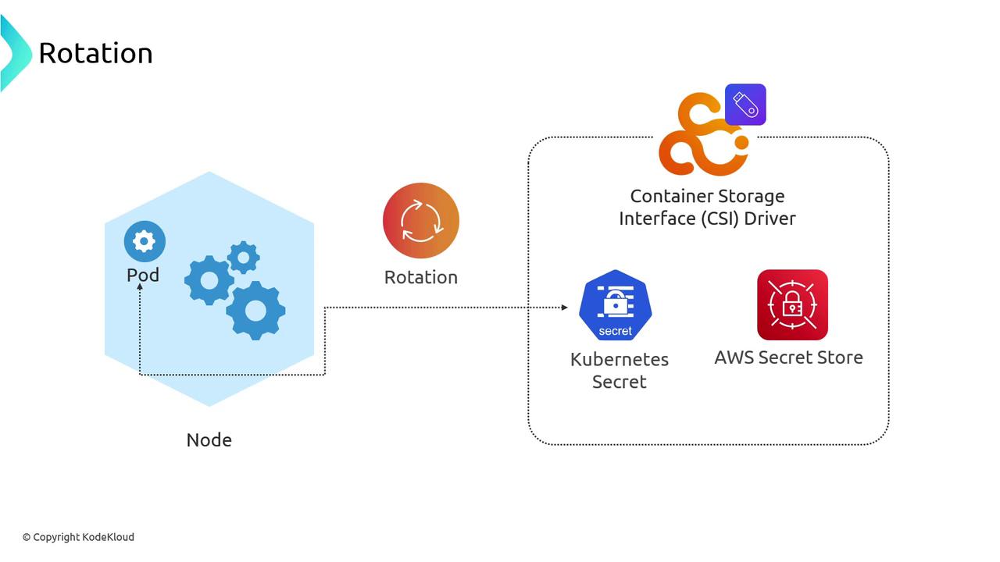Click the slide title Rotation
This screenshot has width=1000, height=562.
coord(95,53)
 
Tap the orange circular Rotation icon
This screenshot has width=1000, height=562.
coord(421,221)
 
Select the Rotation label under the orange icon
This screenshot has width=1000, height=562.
coord(421,277)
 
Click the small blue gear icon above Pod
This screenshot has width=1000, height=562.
coord(145,241)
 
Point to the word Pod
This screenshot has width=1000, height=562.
coord(143,275)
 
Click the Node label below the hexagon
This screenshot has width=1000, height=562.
coord(209,440)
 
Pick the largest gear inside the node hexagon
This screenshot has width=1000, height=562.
coord(255,311)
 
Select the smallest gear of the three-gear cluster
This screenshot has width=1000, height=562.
coord(244,257)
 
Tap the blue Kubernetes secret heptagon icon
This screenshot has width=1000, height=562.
coord(616,305)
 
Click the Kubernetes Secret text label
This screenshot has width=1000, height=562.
coord(620,371)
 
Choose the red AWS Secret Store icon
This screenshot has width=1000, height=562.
coord(792,305)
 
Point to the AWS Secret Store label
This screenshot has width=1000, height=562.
coord(788,357)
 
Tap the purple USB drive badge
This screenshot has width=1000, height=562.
coord(745,105)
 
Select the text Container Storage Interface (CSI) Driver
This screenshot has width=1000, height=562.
coord(707,207)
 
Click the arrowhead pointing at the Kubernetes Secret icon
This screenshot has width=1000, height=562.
coord(564,308)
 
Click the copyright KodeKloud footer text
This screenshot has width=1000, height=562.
coord(78,537)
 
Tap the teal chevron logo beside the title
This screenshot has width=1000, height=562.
coord(14,53)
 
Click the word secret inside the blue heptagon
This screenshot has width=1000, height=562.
coord(615,331)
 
